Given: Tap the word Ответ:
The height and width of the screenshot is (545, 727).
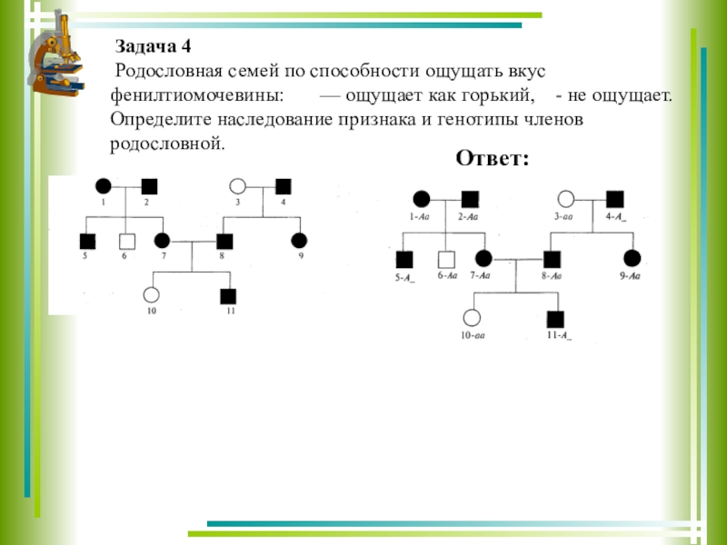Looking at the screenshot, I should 492,158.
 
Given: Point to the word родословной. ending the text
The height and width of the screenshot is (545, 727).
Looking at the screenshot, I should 165,144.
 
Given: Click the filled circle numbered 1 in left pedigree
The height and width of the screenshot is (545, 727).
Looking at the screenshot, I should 104,186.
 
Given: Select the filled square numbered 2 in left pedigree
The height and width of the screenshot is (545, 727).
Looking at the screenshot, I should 149,186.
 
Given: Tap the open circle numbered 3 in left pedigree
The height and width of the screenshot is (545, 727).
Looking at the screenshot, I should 238,186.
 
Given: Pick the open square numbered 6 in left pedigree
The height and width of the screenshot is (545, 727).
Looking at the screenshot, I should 128,242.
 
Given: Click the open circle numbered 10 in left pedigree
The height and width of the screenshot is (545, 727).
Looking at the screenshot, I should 152,295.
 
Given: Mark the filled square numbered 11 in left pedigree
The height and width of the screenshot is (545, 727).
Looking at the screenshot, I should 228,295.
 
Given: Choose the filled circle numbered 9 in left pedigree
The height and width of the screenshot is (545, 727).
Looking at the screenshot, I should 298,241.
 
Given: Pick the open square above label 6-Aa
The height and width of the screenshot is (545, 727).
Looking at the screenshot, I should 445,259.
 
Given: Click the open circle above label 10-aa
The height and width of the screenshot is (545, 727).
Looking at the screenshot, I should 472,318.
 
